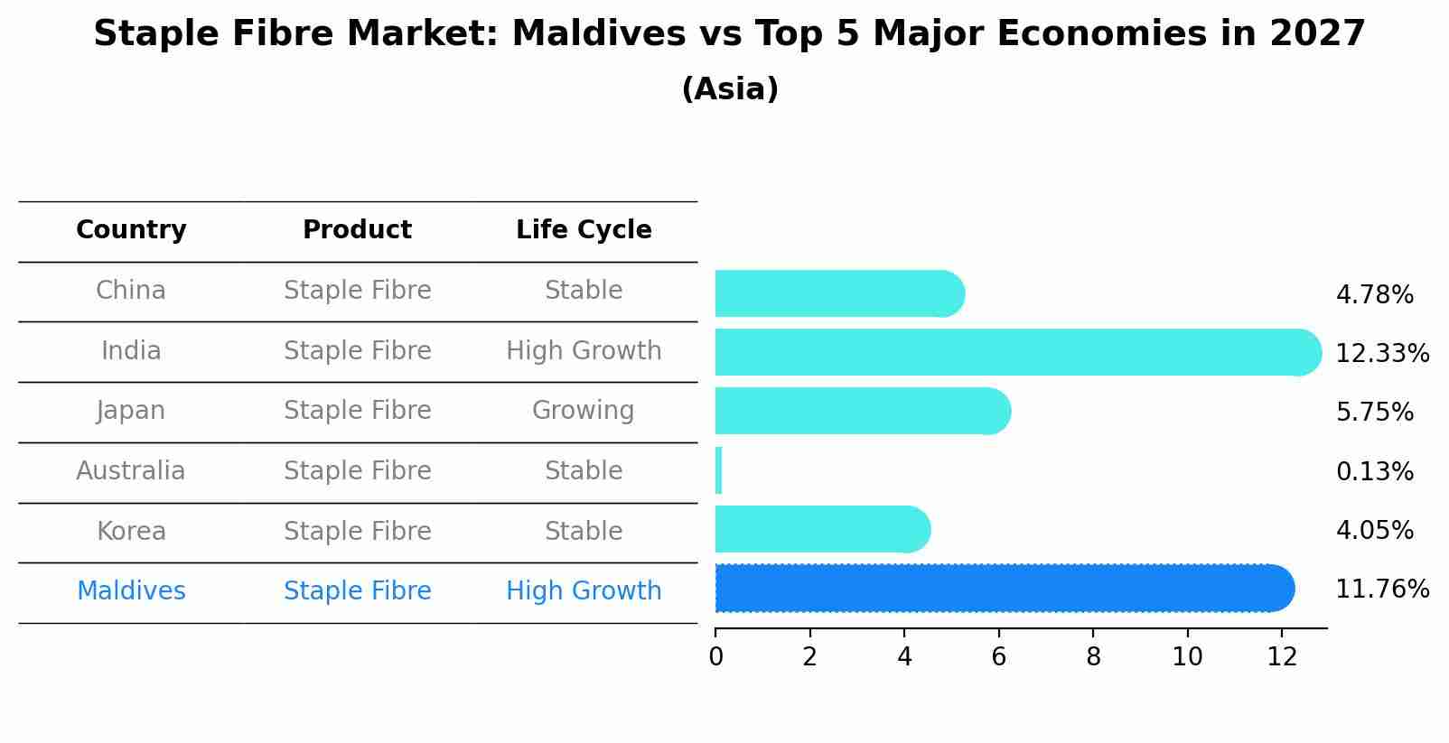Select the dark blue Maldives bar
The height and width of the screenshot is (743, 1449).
tap(1003, 589)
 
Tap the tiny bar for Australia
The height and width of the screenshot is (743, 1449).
tap(719, 470)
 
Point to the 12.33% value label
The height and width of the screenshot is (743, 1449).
tap(1381, 353)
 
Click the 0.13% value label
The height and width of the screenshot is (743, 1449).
tap(1374, 471)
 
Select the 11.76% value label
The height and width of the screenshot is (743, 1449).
tap(1381, 590)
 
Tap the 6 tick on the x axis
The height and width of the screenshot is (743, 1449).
tap(998, 657)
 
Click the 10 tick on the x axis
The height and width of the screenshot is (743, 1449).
tap(1187, 657)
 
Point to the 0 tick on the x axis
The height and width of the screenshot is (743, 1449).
tap(715, 657)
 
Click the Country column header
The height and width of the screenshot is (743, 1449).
tap(131, 230)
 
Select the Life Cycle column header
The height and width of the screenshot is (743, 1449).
tap(584, 230)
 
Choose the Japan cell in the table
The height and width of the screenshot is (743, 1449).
tap(131, 411)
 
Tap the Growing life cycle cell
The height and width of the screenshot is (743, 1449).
tap(584, 411)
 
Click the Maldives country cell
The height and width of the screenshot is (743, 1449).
tap(131, 591)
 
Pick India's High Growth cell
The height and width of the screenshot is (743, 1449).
tap(584, 350)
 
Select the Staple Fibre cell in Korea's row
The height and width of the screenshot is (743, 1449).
tap(357, 531)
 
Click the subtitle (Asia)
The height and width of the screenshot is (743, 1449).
tap(730, 89)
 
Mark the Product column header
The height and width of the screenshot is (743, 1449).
tap(357, 230)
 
